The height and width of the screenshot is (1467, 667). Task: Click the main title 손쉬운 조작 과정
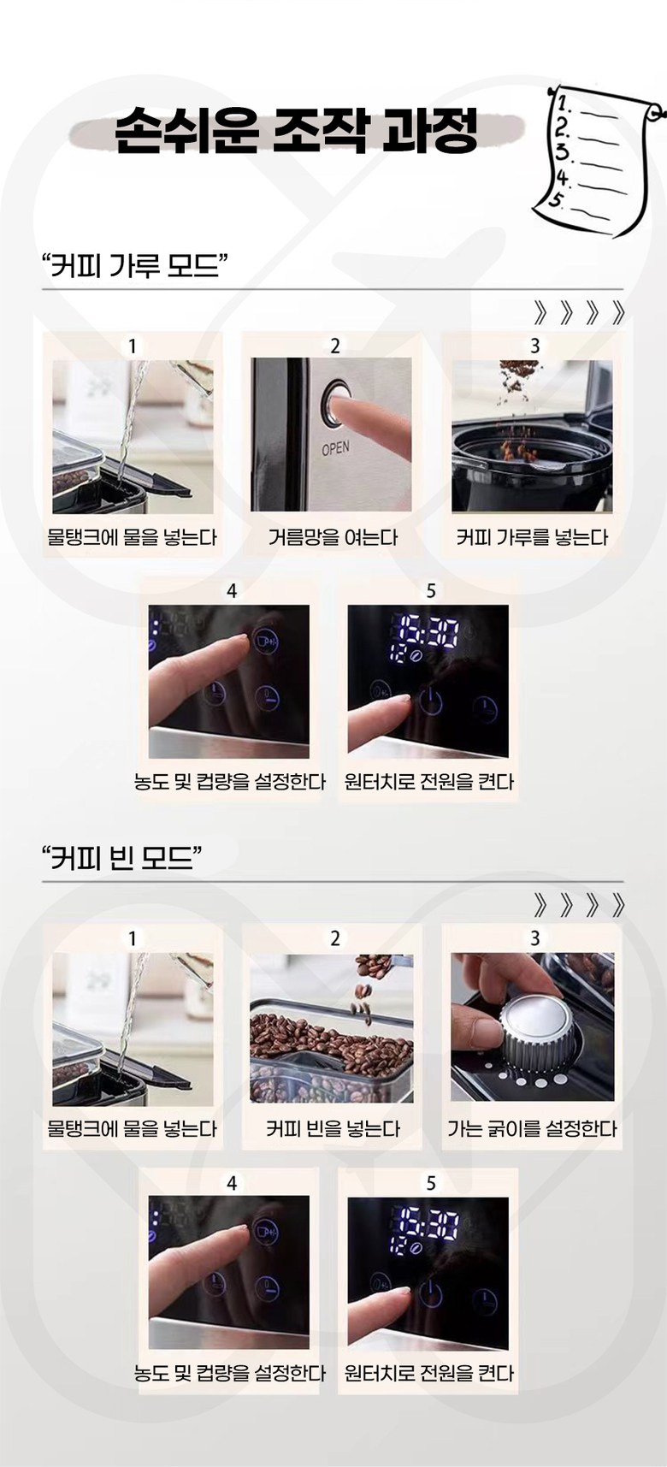[296, 130]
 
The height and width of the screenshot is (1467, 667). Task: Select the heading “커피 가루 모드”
[134, 265]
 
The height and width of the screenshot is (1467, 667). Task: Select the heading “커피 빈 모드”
[122, 856]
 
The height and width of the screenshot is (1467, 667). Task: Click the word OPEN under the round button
[336, 447]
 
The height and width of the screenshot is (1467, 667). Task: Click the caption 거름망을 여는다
[333, 537]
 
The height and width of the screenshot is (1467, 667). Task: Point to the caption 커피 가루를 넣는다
[532, 537]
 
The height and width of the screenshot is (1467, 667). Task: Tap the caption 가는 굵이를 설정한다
[532, 1128]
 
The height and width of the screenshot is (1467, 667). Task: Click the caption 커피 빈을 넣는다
[333, 1128]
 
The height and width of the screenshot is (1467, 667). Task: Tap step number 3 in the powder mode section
[534, 346]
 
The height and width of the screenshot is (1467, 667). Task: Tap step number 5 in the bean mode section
[430, 1183]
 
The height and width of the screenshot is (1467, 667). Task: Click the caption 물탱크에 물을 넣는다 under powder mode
[133, 537]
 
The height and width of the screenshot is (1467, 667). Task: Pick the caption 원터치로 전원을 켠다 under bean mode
[429, 1373]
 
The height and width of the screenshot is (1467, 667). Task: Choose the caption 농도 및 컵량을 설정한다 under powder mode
[229, 781]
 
